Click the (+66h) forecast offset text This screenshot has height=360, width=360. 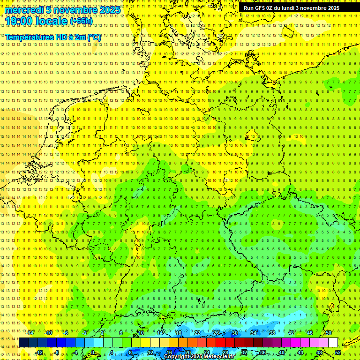[x=81, y=21]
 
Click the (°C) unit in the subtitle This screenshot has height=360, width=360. [x=93, y=37]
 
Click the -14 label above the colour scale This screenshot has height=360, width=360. [x=30, y=333]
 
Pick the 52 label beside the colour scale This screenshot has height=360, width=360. [x=338, y=352]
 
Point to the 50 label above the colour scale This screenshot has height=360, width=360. [x=329, y=333]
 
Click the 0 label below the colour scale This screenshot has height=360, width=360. [x=92, y=352]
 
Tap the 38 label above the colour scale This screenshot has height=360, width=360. [x=272, y=333]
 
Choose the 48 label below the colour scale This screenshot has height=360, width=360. [x=319, y=352]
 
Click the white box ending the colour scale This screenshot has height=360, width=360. [x=333, y=343]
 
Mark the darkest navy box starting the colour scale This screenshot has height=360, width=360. [x=23, y=343]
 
